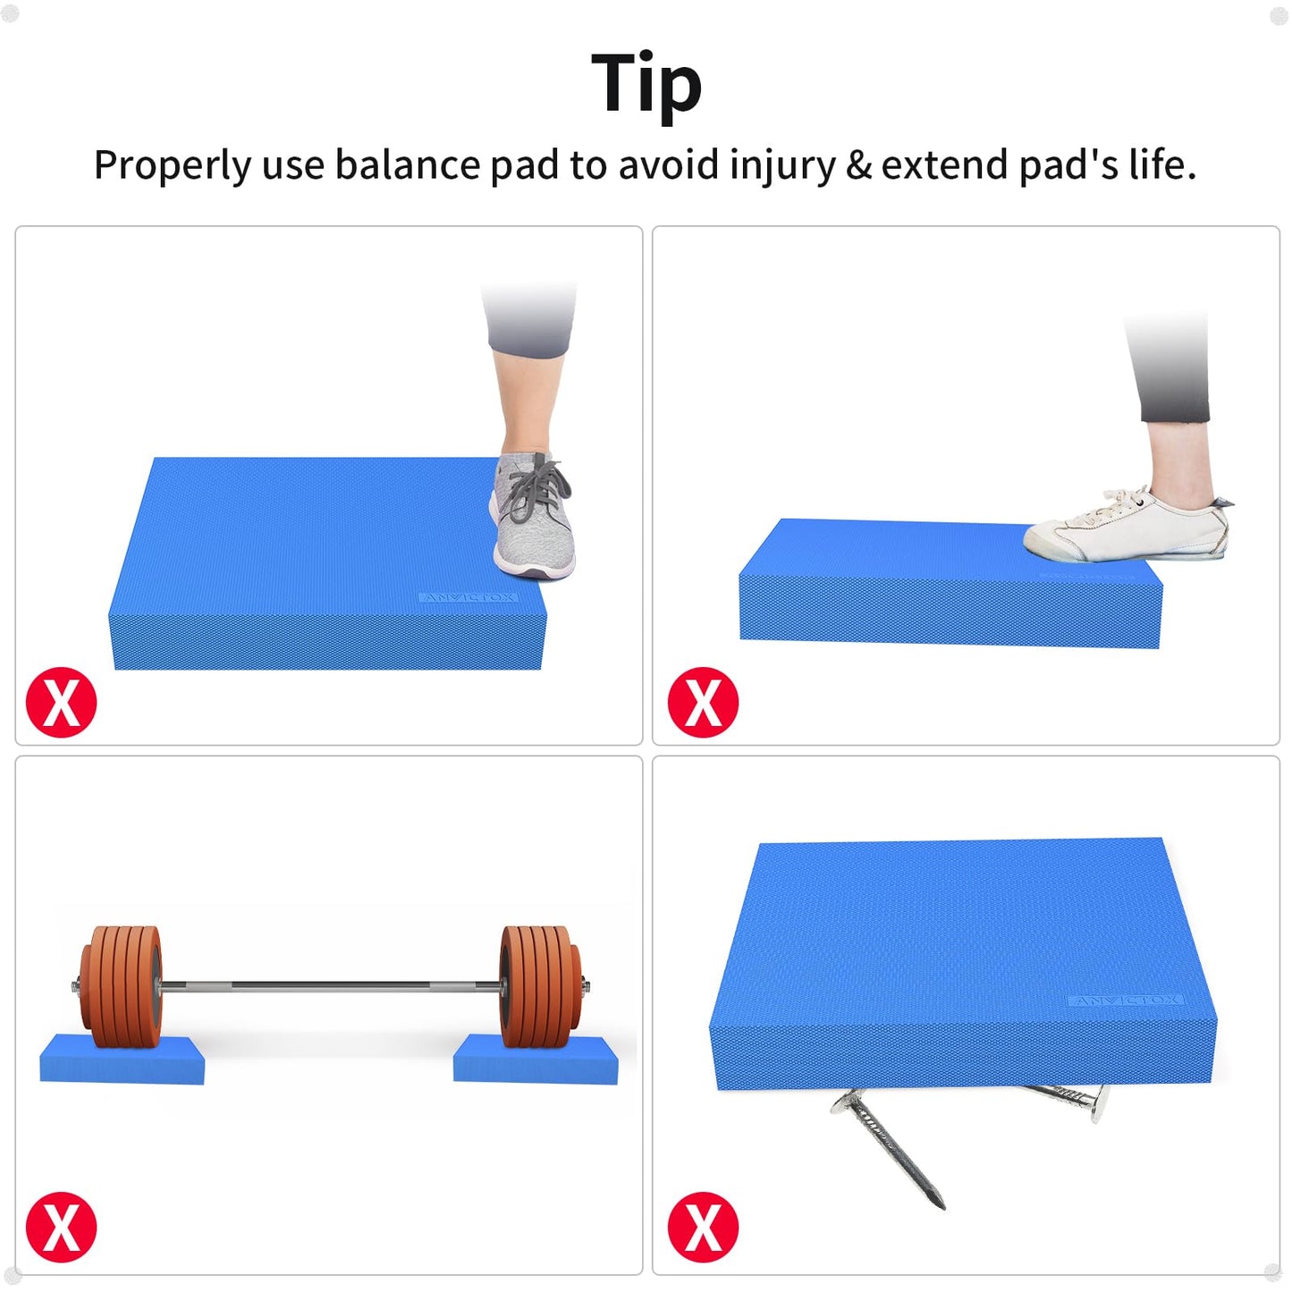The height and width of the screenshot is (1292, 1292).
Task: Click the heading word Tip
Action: coord(646,83)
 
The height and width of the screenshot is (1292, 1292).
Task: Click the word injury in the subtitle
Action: coord(782,165)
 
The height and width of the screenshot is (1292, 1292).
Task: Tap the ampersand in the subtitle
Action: coord(858,165)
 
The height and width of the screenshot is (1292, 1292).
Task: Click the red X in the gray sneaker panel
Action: coord(61,702)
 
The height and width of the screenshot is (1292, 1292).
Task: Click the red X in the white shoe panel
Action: coord(703,702)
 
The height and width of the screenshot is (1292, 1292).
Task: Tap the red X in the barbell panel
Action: coord(61,1227)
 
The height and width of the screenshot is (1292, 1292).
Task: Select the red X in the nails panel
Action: coord(703,1227)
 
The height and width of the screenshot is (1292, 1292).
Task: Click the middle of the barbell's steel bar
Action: coord(331,986)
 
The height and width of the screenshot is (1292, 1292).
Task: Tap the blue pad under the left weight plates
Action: coord(122,1061)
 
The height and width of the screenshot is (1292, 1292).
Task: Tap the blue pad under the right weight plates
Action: coord(535,1061)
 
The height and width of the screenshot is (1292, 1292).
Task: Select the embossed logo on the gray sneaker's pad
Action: coord(468,597)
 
